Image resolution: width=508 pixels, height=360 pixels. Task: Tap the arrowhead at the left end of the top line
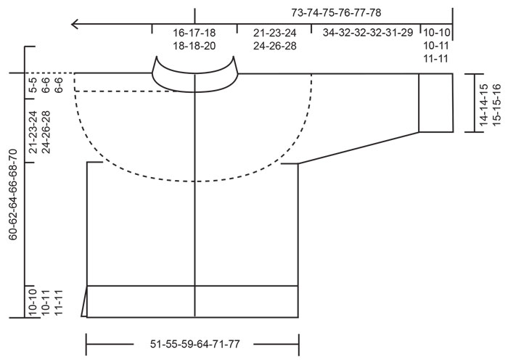click(75, 25)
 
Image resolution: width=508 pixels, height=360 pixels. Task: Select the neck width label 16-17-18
click(194, 33)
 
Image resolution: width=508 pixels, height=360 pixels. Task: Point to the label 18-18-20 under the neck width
click(194, 45)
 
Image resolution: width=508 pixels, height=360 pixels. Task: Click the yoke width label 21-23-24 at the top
click(274, 33)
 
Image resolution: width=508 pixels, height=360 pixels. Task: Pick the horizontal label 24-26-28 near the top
click(274, 45)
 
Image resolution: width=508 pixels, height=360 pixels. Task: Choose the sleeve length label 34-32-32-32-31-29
click(368, 33)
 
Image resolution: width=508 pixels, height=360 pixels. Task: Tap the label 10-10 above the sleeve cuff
click(436, 33)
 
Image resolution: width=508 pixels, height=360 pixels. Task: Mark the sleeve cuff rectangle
click(436, 102)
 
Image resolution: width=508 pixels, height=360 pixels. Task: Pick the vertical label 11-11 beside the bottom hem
click(59, 300)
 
